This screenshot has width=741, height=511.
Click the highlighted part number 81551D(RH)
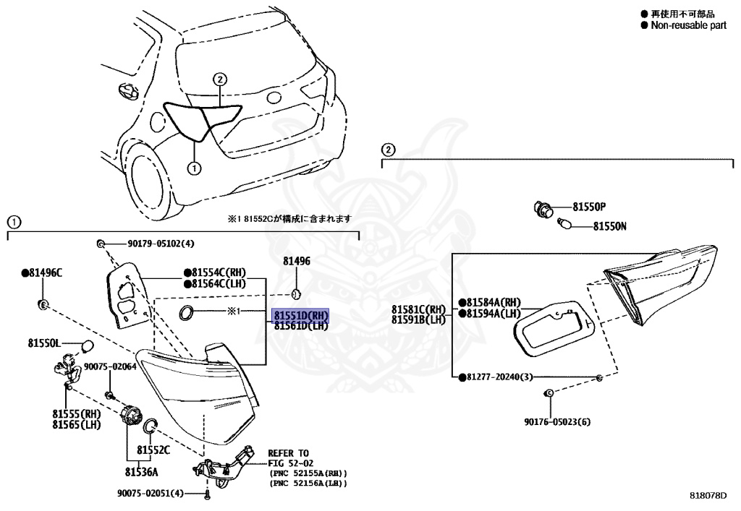[x=300, y=316]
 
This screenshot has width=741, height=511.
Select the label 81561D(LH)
[x=300, y=326]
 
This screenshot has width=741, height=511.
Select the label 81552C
[x=154, y=450]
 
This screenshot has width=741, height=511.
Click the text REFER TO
[x=288, y=453]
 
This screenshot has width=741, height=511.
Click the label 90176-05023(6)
[x=558, y=421]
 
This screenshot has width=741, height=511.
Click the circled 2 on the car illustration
[x=220, y=80]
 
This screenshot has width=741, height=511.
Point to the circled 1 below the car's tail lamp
[x=193, y=168]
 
